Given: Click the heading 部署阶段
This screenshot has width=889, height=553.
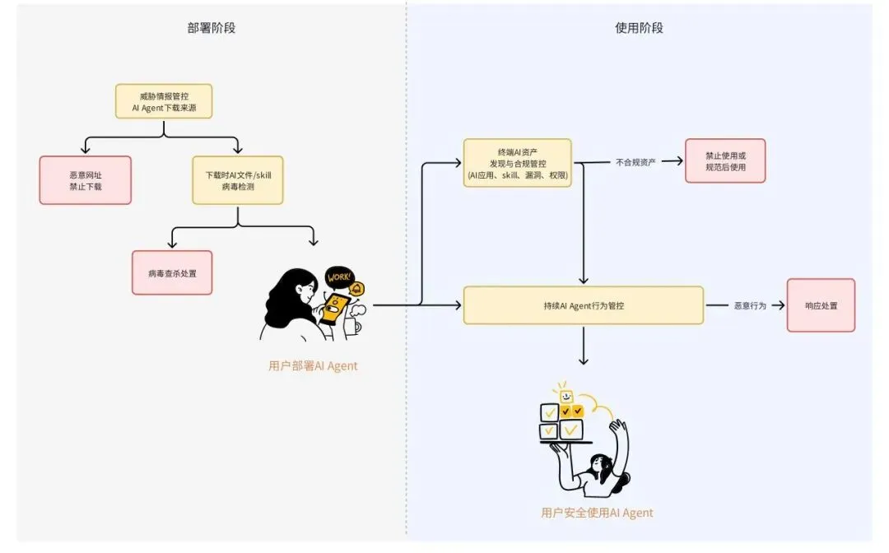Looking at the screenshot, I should click(x=212, y=28).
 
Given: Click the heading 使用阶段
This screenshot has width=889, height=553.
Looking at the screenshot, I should click(x=639, y=28).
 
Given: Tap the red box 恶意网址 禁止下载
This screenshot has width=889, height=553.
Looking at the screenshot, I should click(x=86, y=180).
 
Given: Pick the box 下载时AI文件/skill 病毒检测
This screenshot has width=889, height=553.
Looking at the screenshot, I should click(x=238, y=180).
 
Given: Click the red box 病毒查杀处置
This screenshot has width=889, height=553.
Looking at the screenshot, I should click(x=172, y=273).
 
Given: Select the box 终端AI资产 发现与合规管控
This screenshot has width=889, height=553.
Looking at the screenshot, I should click(x=518, y=163).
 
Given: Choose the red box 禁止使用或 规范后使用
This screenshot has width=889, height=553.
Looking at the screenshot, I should click(x=724, y=160).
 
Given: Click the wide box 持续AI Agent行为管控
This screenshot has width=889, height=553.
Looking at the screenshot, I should click(x=583, y=305).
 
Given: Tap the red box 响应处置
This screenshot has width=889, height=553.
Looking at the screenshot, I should click(x=821, y=305).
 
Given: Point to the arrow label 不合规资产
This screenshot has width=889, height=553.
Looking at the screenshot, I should click(x=635, y=162).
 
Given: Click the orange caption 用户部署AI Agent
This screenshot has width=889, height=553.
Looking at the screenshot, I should click(x=313, y=366).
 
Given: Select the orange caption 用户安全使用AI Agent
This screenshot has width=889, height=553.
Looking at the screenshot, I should click(x=597, y=513).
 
